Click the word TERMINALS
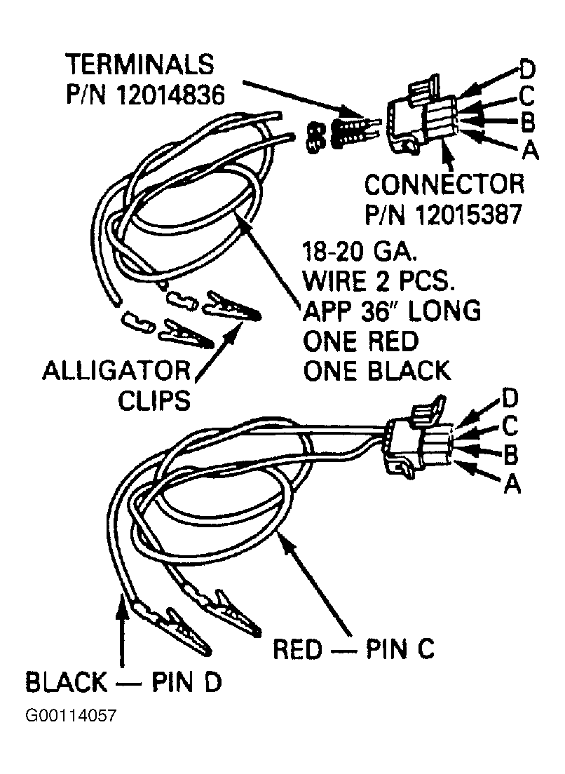140,64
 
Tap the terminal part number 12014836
170,94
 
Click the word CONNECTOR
444,184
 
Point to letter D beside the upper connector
527,69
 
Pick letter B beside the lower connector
511,455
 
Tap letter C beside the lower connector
510,426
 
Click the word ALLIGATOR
116,370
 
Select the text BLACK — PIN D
123,681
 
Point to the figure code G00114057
71,715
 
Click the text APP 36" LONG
391,311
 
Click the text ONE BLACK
376,371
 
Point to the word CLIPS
154,400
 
